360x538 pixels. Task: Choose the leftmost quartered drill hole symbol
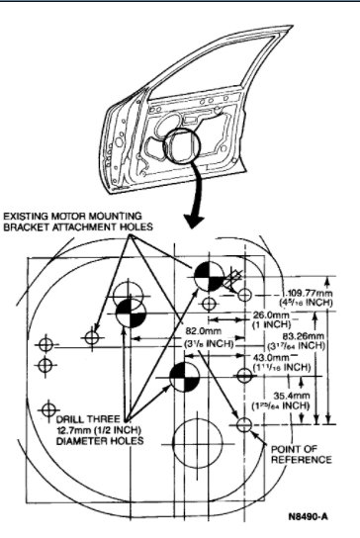[131, 314]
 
